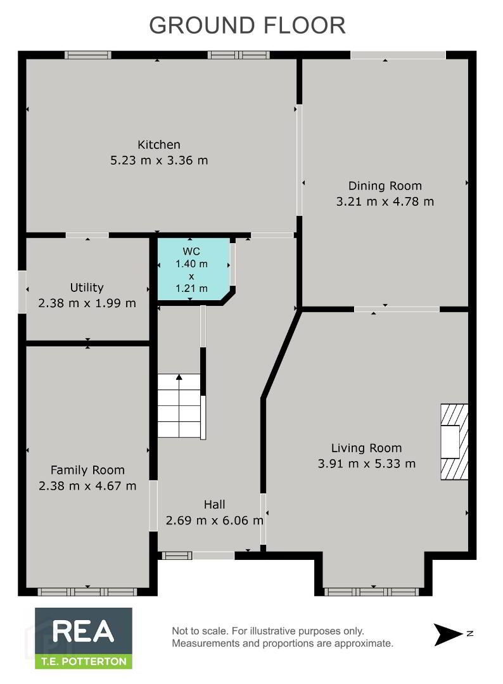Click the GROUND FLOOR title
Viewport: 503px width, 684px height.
pos(247,25)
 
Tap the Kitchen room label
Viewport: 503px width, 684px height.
pos(159,144)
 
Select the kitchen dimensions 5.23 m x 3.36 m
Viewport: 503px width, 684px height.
pos(159,160)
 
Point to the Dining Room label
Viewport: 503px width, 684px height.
pos(385,186)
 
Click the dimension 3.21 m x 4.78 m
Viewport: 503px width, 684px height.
pos(385,201)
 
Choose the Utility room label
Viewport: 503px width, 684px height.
pos(87,288)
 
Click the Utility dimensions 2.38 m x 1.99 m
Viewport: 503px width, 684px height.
pos(87,303)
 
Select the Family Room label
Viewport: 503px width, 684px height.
pos(87,470)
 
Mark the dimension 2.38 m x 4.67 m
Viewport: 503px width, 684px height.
pos(87,486)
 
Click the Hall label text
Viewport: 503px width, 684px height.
pos(214,505)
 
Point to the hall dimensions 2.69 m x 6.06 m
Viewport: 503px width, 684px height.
pos(214,521)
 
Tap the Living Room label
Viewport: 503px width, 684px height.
pos(366,448)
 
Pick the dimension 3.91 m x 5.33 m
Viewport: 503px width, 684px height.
pos(366,463)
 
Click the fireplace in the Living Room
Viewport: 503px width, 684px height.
pos(454,442)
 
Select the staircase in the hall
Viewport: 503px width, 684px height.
pos(179,406)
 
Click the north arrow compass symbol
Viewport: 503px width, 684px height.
pos(448,634)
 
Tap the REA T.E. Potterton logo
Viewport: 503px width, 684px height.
pos(84,638)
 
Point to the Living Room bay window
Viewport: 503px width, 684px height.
pos(373,592)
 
